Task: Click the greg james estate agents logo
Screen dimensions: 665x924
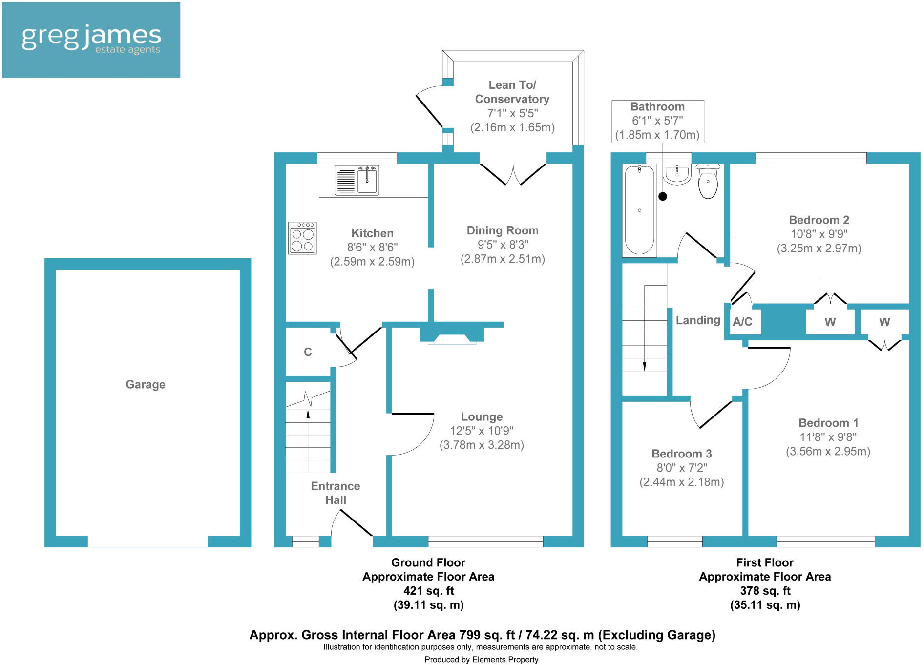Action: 91,40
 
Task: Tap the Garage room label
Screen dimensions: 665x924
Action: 146,384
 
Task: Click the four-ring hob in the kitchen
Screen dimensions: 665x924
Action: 302,238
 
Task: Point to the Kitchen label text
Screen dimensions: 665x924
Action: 372,233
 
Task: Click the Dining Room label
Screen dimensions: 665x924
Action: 503,230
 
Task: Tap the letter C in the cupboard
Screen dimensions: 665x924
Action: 308,352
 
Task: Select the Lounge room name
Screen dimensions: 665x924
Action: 482,416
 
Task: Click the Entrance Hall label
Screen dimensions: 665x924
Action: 336,493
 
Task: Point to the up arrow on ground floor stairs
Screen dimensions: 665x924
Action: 308,415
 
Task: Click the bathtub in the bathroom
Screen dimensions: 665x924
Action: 639,210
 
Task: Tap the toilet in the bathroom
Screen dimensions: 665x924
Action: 708,182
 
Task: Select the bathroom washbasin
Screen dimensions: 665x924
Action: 677,174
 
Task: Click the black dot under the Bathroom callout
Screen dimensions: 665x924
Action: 663,196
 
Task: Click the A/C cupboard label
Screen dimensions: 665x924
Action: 742,322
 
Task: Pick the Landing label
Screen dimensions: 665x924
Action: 698,320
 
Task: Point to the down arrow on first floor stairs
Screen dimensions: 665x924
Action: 645,366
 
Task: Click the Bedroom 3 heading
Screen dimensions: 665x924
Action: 682,454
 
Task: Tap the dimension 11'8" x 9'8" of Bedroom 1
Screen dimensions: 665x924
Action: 828,437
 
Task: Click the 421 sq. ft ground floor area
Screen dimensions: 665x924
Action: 428,591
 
